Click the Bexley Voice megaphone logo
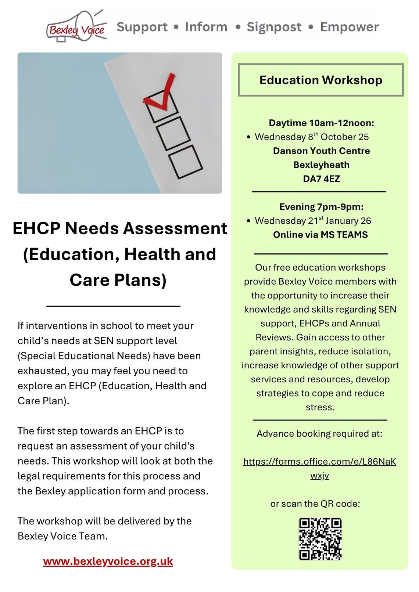tap(76, 27)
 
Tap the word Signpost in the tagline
tap(274, 27)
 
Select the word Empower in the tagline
tap(349, 27)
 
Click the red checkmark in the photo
tap(161, 94)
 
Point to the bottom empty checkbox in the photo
tap(185, 162)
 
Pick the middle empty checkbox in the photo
tap(173, 133)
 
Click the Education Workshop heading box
tap(320, 80)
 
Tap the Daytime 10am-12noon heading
tap(321, 123)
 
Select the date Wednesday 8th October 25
tap(312, 137)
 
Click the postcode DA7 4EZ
tap(321, 179)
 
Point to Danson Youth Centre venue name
tap(321, 151)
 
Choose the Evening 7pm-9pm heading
tap(321, 207)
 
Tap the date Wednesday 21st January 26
tap(313, 221)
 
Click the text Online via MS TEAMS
tap(320, 235)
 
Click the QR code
tap(320, 539)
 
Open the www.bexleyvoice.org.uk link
tap(108, 562)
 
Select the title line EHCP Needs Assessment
tap(120, 228)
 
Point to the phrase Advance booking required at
tap(319, 434)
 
